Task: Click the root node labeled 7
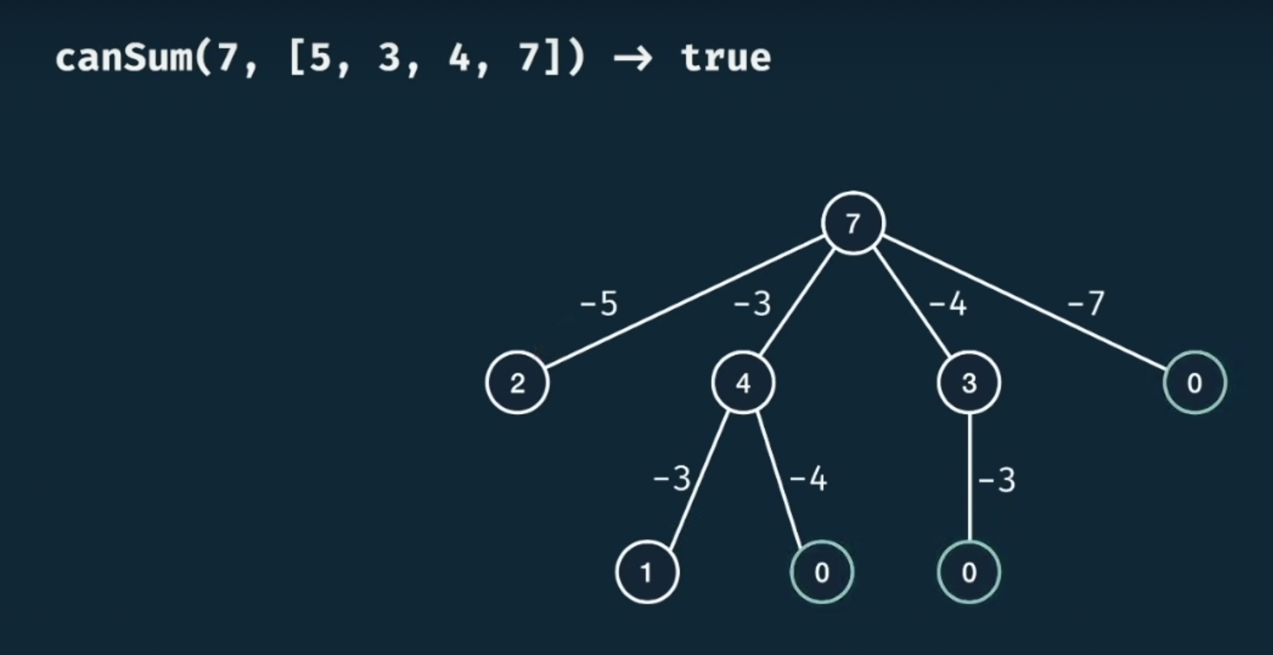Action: [852, 223]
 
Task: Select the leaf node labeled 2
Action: [517, 383]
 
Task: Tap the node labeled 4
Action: [743, 383]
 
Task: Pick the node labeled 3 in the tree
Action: [969, 383]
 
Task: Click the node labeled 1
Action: [647, 572]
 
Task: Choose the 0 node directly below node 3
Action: [969, 572]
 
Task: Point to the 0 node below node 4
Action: [821, 572]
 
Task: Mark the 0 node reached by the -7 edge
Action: [1194, 383]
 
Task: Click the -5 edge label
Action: [598, 304]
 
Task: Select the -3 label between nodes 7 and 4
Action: [752, 304]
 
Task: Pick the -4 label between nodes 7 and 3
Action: [948, 304]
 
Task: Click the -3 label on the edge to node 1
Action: [671, 479]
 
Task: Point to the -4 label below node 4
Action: [808, 479]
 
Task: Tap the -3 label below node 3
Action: [997, 481]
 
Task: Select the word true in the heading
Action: [726, 58]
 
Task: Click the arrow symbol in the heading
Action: [632, 58]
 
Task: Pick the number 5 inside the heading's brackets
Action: [319, 58]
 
